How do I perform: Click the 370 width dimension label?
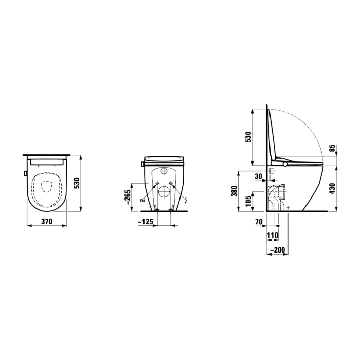coord(47,222)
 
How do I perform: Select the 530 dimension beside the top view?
coord(77,183)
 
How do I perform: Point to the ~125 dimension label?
coord(146,222)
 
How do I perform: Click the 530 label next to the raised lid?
coord(248,137)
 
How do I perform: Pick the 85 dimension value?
coord(332,148)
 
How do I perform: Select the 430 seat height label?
coord(332,189)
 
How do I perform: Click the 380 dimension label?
coord(234,191)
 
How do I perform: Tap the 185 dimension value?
coord(248,201)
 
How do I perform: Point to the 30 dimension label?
coord(259,176)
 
